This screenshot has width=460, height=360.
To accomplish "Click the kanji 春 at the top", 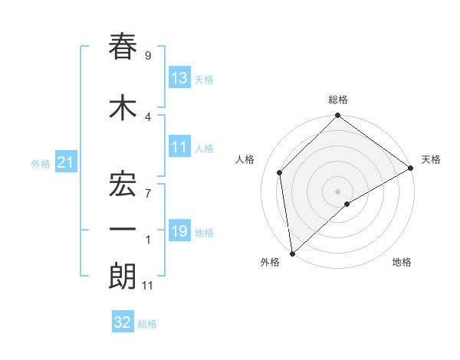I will pyautogui.click(x=123, y=47).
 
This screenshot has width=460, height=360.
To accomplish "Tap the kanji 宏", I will pyautogui.click(x=123, y=182).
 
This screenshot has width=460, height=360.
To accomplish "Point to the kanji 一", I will pyautogui.click(x=123, y=229).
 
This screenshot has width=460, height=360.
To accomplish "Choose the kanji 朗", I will pyautogui.click(x=123, y=277).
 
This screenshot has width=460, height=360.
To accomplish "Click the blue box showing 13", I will pyautogui.click(x=179, y=78).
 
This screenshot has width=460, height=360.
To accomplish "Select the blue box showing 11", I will pyautogui.click(x=179, y=148).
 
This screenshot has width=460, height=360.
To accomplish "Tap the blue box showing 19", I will pyautogui.click(x=179, y=231).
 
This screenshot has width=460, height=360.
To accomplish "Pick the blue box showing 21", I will pyautogui.click(x=66, y=163).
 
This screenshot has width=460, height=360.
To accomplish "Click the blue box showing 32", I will pyautogui.click(x=123, y=322).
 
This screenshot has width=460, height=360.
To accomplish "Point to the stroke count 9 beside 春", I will pyautogui.click(x=148, y=56).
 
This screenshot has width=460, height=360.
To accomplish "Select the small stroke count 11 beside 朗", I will pyautogui.click(x=149, y=286).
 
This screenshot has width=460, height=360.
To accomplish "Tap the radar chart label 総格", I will pyautogui.click(x=338, y=100).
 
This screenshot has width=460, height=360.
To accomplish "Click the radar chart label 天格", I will pyautogui.click(x=431, y=159).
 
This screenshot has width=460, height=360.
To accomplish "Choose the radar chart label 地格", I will pyautogui.click(x=402, y=262).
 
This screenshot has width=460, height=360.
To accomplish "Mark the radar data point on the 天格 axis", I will pyautogui.click(x=411, y=168).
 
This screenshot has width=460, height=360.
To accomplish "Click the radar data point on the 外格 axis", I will pyautogui.click(x=292, y=254).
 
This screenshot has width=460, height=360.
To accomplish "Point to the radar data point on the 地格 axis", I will pyautogui.click(x=347, y=204).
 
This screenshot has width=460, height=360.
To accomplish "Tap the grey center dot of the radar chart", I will pyautogui.click(x=338, y=191).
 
